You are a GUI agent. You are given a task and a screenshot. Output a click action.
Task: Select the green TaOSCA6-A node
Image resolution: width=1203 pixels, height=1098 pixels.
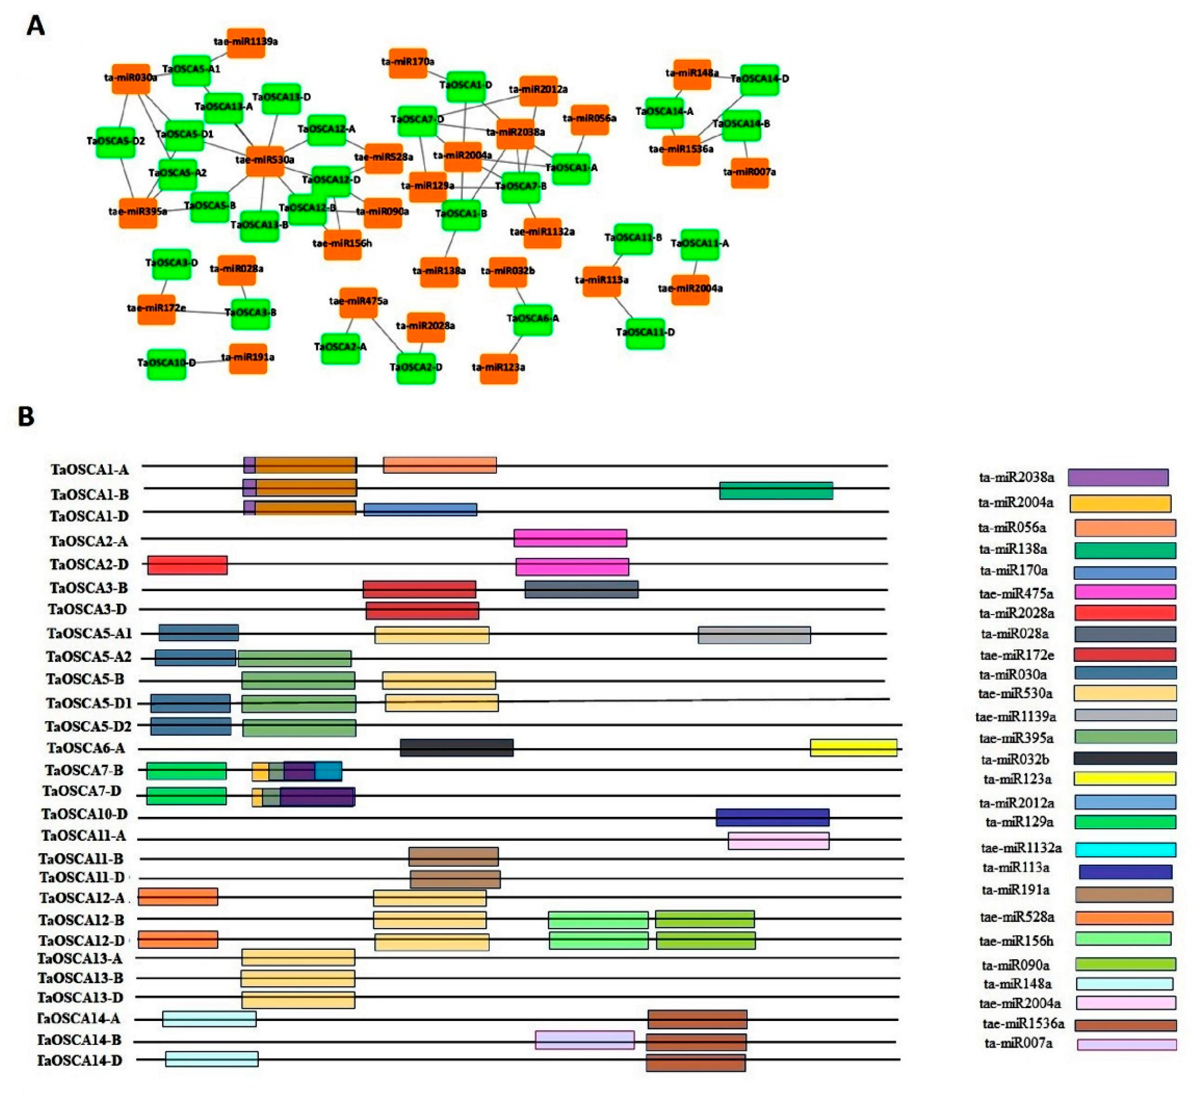click(x=532, y=318)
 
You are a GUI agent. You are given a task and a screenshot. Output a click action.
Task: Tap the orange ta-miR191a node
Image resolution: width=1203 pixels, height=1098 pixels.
click(x=248, y=358)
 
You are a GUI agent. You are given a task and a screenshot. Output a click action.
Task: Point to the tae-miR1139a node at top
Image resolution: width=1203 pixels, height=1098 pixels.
click(x=246, y=42)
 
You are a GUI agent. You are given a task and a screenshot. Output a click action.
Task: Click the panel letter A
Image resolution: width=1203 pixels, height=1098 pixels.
click(x=36, y=26)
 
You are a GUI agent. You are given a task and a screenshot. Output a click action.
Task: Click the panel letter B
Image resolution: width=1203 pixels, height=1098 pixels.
click(x=26, y=417)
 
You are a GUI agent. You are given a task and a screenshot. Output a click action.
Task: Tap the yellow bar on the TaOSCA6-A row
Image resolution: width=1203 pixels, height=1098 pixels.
click(x=853, y=748)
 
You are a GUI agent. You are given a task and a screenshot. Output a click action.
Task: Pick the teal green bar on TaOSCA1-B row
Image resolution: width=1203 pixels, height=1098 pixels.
click(x=776, y=490)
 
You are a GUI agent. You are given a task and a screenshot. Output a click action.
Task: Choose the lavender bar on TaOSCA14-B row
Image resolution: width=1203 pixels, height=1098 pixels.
click(x=585, y=1040)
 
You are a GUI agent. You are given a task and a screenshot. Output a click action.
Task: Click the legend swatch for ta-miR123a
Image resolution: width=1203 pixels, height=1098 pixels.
click(x=1125, y=779)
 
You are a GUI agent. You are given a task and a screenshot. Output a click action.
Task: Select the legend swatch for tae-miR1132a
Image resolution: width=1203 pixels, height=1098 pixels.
click(x=1125, y=849)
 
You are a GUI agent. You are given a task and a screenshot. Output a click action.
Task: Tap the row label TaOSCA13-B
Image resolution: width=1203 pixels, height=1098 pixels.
click(x=80, y=978)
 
